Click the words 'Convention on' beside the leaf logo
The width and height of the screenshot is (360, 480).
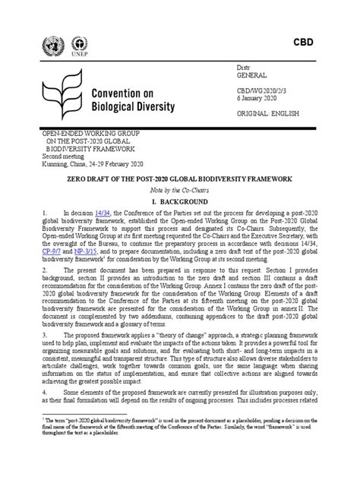point(125,93)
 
